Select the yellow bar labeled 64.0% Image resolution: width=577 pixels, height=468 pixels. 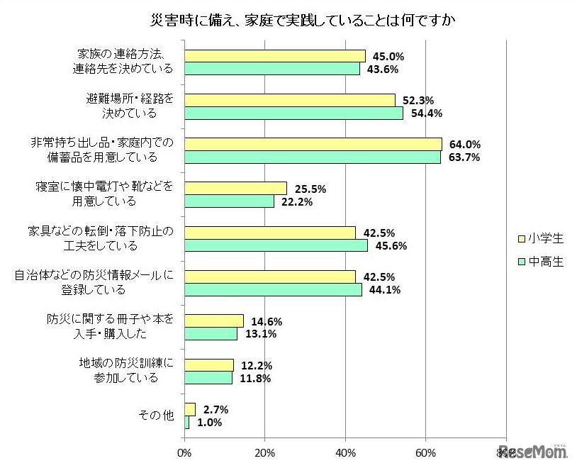tap(313, 144)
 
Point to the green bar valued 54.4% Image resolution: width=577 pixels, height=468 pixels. tap(293, 113)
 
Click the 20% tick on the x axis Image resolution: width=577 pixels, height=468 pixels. tap(264, 452)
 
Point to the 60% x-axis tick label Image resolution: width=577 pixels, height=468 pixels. tap(425, 452)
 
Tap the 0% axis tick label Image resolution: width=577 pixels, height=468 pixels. tap(184, 452)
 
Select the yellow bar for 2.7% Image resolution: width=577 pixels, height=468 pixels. tap(189, 409)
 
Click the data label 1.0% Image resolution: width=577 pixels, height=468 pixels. tap(211, 423)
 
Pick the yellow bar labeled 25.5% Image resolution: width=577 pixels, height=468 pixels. tap(235, 188)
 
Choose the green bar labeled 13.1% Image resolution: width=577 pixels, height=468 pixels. tap(211, 334)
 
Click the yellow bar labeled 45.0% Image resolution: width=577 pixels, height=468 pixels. tap(274, 55)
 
